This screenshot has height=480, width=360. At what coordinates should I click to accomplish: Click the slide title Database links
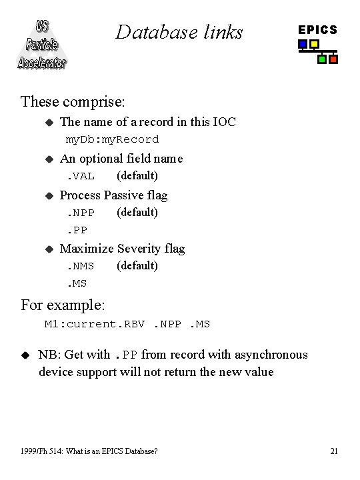coord(179,31)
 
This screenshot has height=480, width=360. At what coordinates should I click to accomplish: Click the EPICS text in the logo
coord(317,30)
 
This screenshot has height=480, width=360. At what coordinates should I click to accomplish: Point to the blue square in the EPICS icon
coord(303,45)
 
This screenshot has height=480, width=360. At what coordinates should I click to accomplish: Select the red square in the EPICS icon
coord(333,59)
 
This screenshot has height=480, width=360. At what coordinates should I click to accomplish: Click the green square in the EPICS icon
coord(322,59)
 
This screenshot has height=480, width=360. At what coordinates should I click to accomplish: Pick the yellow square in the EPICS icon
coord(314,45)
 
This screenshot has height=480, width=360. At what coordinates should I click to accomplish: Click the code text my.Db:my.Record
coord(112,139)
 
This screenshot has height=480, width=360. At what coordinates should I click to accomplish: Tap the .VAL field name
coord(80,176)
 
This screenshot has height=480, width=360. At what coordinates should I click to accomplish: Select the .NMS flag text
coord(80,266)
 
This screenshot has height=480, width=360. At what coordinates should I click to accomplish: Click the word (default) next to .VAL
coord(137,175)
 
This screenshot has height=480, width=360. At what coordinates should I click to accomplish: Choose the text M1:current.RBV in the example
coord(95,324)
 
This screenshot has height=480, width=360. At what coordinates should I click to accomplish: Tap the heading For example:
coord(63,305)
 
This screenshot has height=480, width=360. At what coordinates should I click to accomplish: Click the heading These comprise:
coord(73,101)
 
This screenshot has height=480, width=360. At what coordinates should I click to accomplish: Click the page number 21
coord(334,451)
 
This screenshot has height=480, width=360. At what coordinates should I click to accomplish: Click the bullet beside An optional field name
coord(48,159)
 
